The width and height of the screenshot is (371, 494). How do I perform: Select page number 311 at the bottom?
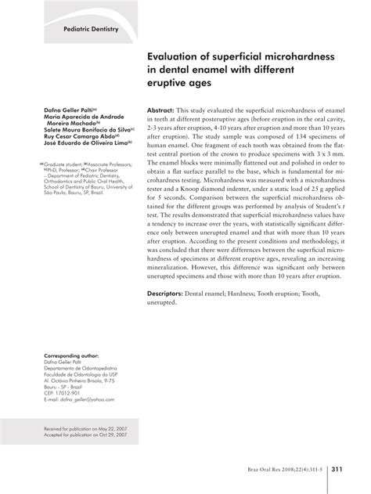tap(340, 470)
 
